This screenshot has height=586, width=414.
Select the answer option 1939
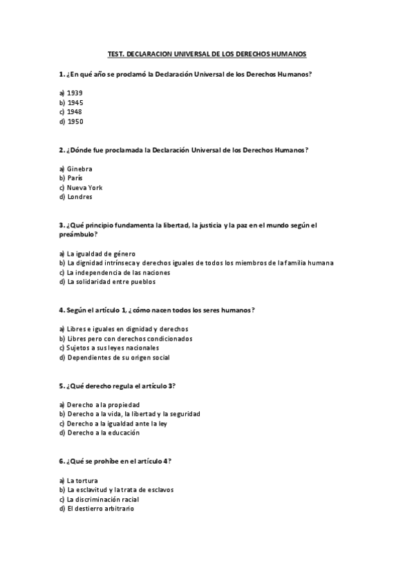coord(75,93)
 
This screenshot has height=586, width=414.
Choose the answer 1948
coord(75,112)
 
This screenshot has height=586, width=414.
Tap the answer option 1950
coord(75,122)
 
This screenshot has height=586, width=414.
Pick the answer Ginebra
coord(79,169)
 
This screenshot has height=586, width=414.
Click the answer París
coord(75,178)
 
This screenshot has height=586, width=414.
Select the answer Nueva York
coord(85,187)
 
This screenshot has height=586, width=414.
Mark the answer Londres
coord(79,197)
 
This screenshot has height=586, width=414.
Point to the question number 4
coord(62,310)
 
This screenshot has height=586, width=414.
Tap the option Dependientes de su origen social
coord(117,358)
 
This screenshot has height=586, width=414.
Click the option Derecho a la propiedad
coord(103,405)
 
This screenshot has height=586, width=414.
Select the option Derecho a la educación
coord(103,433)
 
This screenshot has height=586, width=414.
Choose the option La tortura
coord(82,480)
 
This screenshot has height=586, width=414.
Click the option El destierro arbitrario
coord(100,509)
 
